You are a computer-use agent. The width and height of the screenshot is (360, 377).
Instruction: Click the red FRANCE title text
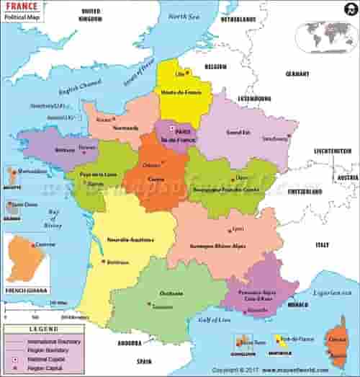(22, 8)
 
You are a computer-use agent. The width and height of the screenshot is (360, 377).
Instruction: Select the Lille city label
(181, 73)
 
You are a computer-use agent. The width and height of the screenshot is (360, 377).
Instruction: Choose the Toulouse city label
(162, 306)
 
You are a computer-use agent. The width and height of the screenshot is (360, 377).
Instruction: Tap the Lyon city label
(238, 229)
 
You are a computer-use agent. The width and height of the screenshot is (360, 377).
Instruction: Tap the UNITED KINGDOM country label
(91, 15)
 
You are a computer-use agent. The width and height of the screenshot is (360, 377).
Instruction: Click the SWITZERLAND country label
(305, 193)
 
